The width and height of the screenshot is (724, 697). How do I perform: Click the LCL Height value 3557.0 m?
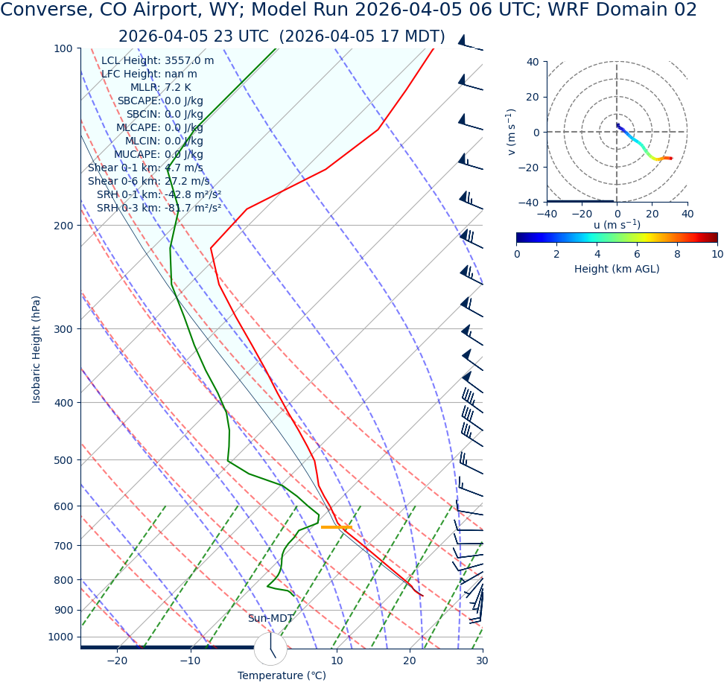[x=189, y=60]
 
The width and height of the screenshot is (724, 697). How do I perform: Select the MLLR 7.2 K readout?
[x=160, y=87]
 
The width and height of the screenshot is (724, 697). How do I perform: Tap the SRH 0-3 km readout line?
[x=159, y=208]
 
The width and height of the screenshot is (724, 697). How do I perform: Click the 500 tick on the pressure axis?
[x=63, y=460]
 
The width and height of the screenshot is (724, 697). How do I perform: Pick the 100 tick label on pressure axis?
[x=63, y=48]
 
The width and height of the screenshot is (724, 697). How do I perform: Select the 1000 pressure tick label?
[x=60, y=637]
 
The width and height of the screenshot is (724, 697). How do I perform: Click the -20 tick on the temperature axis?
[x=117, y=661]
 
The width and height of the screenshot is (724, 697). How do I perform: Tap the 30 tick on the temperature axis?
[x=482, y=661]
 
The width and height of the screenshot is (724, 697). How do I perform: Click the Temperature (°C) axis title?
[x=282, y=675]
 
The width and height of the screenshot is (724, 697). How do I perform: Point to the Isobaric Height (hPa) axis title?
[x=36, y=349]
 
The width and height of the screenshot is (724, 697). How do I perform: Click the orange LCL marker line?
[x=336, y=526]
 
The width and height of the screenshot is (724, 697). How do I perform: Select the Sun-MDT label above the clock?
[x=270, y=619]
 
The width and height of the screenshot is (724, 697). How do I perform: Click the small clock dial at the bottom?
[x=270, y=649]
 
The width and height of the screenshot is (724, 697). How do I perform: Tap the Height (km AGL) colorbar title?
[x=616, y=269]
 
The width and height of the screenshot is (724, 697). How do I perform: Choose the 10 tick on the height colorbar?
[x=717, y=254]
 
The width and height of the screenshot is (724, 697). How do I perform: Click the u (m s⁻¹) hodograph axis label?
[x=617, y=225]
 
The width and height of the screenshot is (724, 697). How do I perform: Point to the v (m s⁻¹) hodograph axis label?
[x=512, y=132]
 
